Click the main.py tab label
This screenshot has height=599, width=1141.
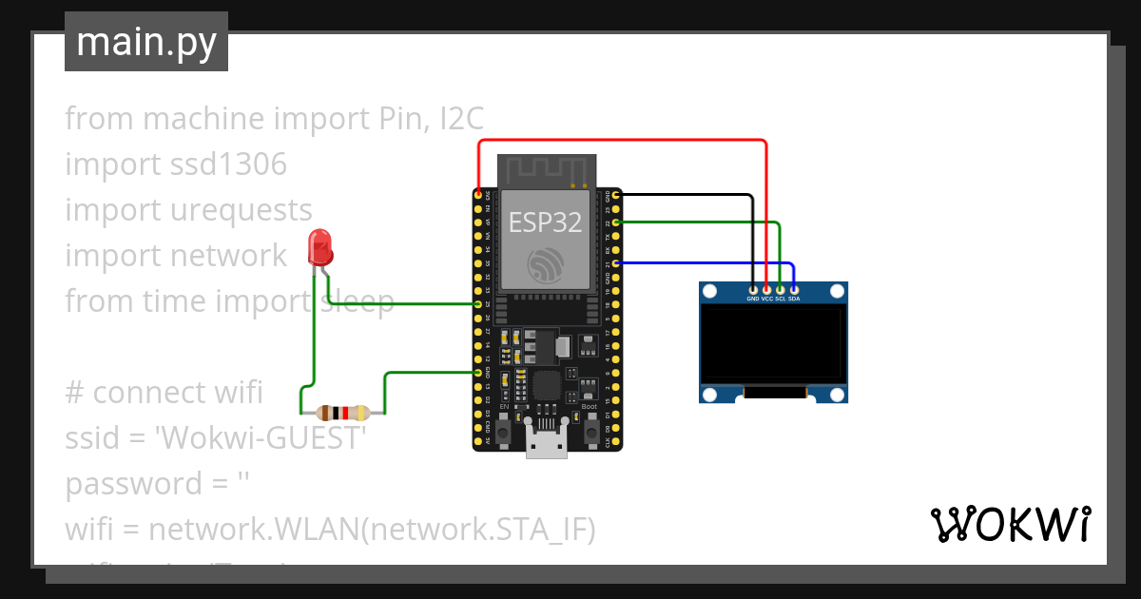pos(146,42)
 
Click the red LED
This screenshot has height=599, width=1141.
pos(320,248)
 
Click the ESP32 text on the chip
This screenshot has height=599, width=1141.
pos(545,222)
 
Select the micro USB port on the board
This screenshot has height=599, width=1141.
pos(547,444)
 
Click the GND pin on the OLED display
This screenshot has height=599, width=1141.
pos(753,289)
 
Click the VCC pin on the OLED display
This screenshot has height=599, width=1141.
pos(766,289)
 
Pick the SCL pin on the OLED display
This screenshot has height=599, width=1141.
pos(780,289)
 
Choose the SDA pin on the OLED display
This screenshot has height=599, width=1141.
pos(793,289)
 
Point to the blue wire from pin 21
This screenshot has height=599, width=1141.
pos(704,262)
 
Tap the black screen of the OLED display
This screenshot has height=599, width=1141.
pos(772,342)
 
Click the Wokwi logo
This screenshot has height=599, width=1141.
pos(1009,524)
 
